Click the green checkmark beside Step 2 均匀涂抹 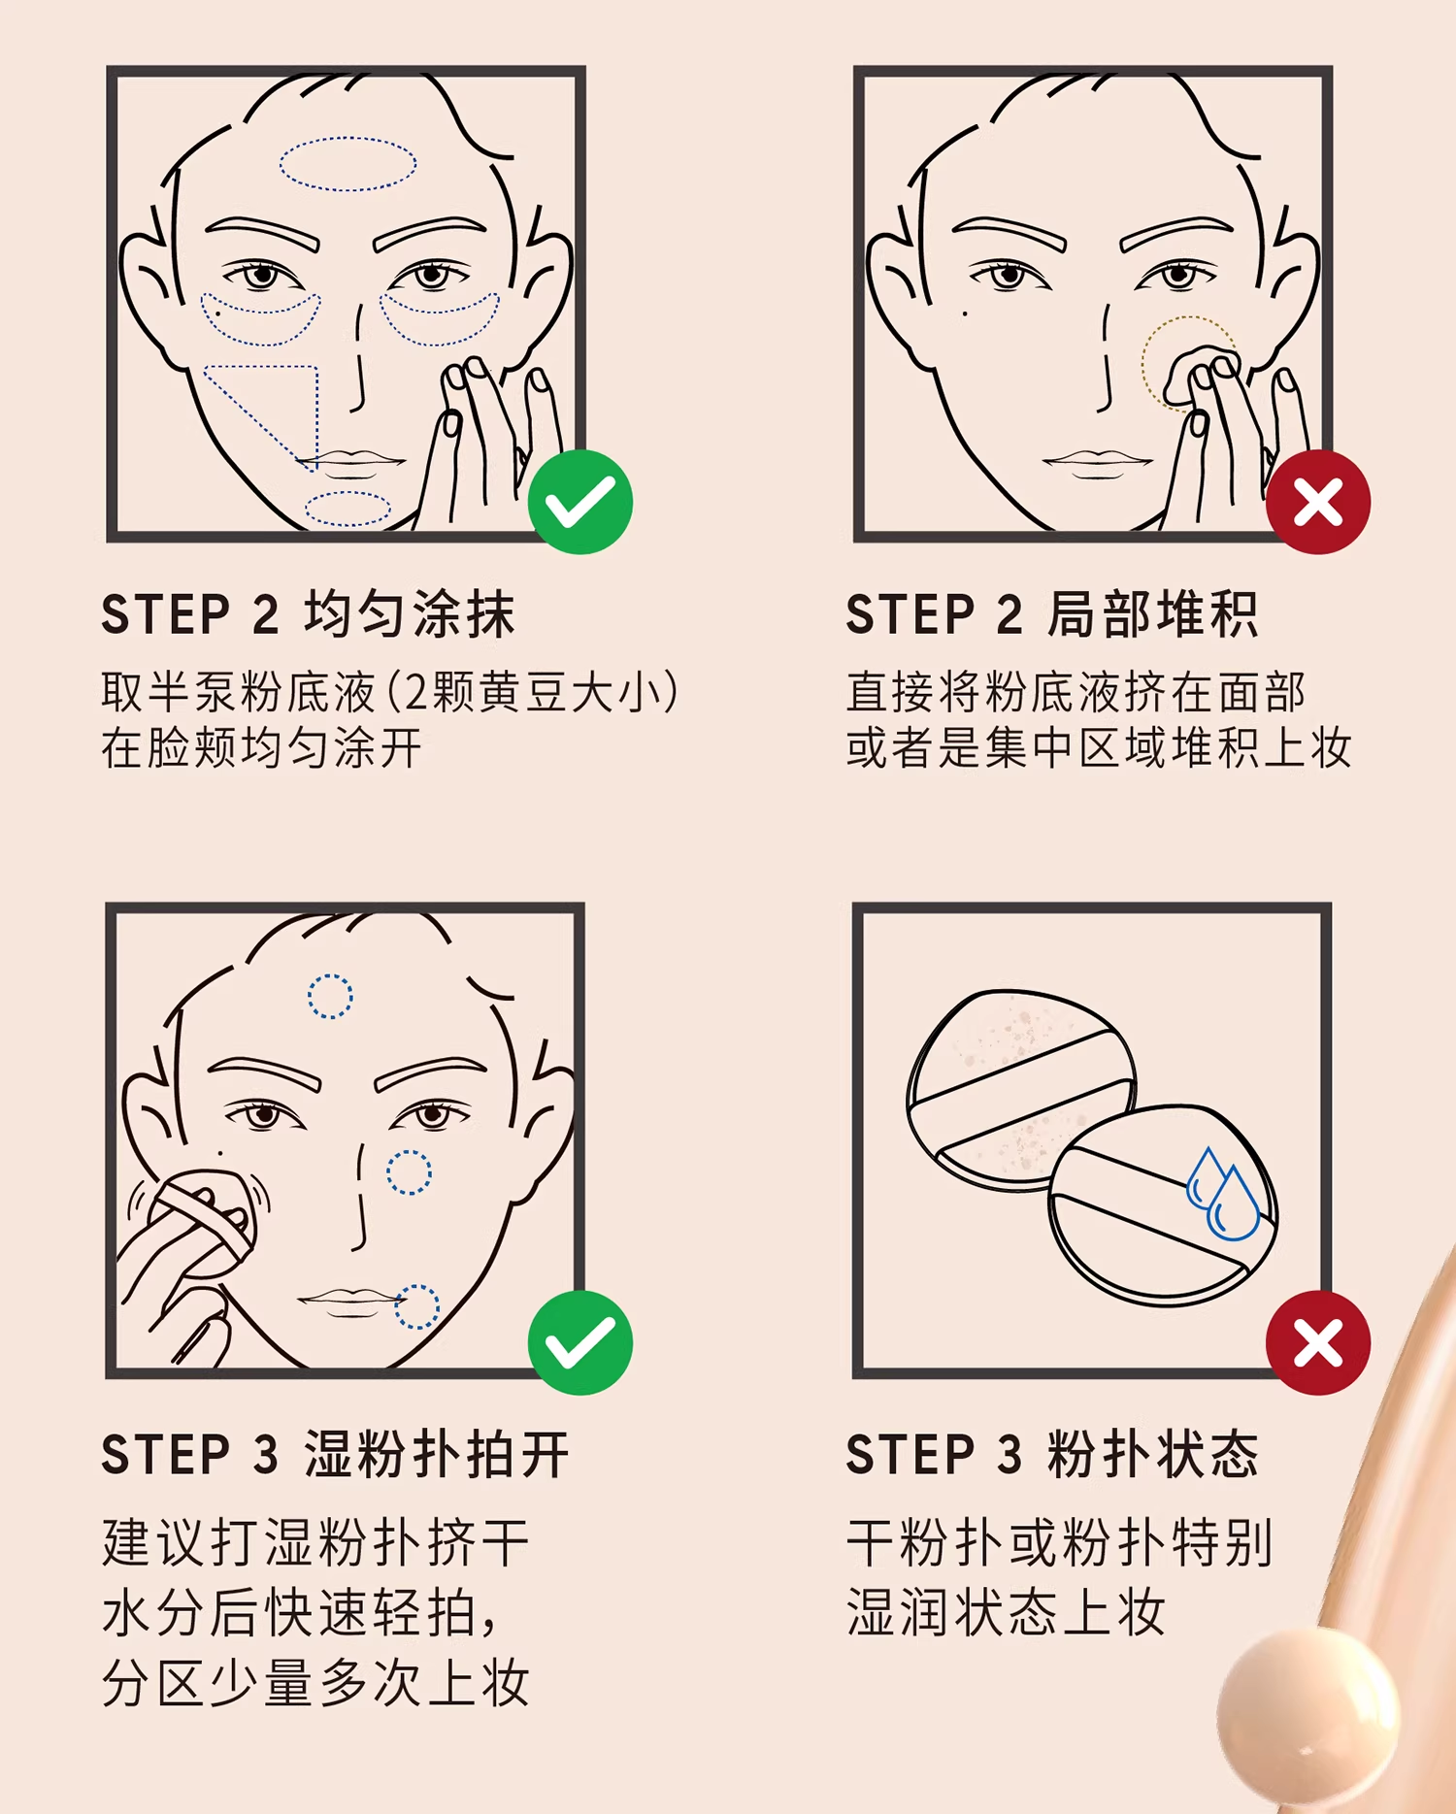(580, 502)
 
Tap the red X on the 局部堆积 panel (1318, 502)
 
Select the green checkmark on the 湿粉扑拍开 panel (580, 1343)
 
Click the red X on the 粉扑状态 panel (1318, 1343)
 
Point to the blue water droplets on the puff (1223, 1194)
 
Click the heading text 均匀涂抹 (409, 614)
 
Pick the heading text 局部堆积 (1152, 614)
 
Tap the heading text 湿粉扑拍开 (436, 1455)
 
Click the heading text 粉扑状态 (1152, 1455)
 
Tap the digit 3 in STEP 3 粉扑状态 (1010, 1456)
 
